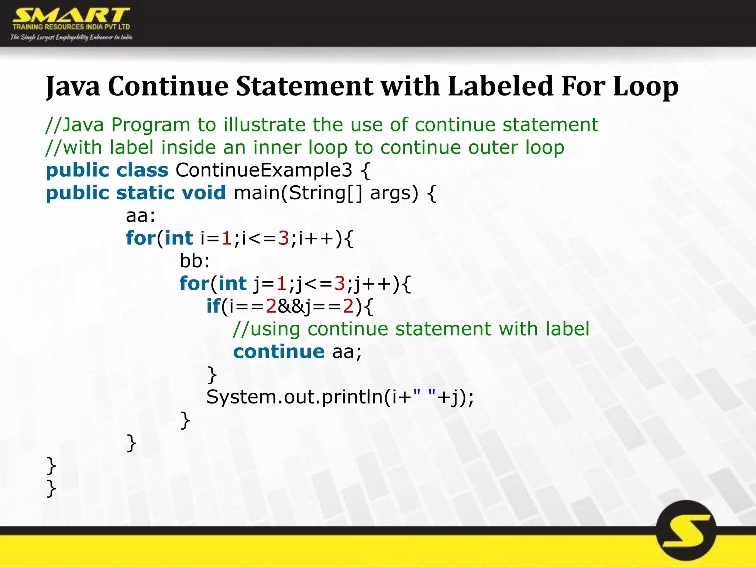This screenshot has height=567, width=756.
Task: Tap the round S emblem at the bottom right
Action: [x=686, y=530]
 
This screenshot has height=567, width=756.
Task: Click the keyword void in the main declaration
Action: [x=203, y=193]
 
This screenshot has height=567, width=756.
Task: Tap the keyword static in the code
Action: [x=145, y=193]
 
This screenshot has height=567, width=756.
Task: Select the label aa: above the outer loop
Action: [x=141, y=216]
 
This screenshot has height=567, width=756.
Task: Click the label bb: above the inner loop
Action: [x=195, y=261]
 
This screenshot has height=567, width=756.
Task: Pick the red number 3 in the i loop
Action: [x=283, y=238]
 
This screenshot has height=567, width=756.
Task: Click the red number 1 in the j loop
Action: [x=281, y=284]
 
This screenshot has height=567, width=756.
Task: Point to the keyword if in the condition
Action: [x=213, y=306]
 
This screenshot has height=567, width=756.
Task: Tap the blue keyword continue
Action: [x=279, y=352]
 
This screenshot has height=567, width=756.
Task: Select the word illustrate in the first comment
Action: [x=264, y=125]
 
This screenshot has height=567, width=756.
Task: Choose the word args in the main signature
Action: [x=394, y=193]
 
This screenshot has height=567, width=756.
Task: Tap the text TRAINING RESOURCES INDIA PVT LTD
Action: [x=71, y=27]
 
